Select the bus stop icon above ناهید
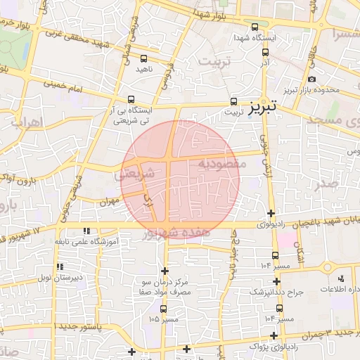pyautogui.click(x=144, y=59)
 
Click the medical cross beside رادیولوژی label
pyautogui.click(x=271, y=213)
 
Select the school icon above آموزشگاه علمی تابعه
pyautogui.click(x=86, y=231)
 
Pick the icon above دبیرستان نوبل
pyautogui.click(x=60, y=266)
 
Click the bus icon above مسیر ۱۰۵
pyautogui.click(x=164, y=308)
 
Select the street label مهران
pyautogui.click(x=108, y=201)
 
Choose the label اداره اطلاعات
pyautogui.click(x=340, y=290)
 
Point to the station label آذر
pyautogui.click(x=265, y=63)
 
